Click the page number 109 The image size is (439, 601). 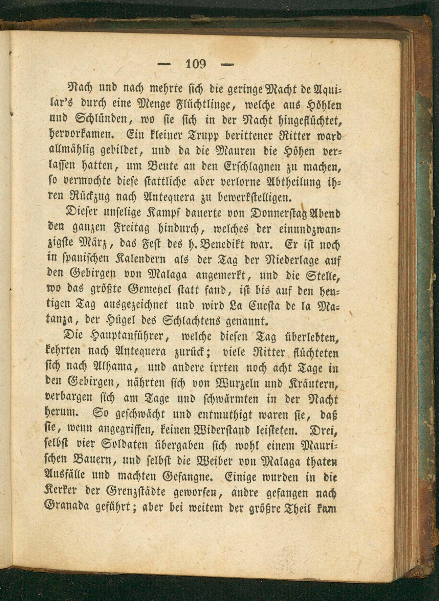click(x=196, y=64)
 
